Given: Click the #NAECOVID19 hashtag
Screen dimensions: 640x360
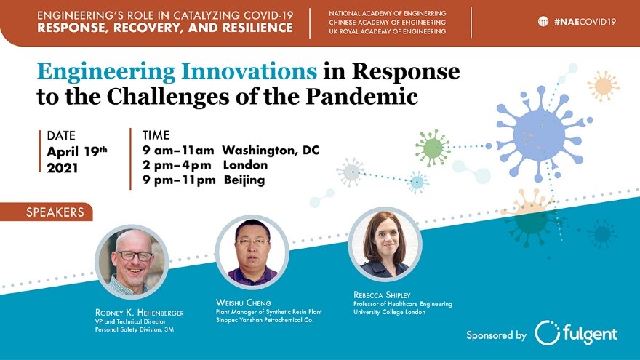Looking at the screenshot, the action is pyautogui.click(x=585, y=22).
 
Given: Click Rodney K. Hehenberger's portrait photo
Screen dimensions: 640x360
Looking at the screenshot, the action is pyautogui.click(x=132, y=262).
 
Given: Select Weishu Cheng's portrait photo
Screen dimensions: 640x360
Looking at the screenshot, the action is pyautogui.click(x=252, y=252).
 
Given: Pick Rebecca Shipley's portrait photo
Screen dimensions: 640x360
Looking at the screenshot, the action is pyautogui.click(x=385, y=244).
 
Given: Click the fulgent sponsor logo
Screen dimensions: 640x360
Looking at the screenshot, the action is pyautogui.click(x=576, y=333).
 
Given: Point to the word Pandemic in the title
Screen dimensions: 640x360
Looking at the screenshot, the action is pyautogui.click(x=362, y=96).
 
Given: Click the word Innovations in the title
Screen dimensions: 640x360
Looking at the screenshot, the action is pyautogui.click(x=249, y=71).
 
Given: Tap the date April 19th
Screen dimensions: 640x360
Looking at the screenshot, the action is pyautogui.click(x=77, y=151).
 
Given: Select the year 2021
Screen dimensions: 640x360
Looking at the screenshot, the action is pyautogui.click(x=62, y=168).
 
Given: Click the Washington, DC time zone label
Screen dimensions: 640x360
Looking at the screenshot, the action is pyautogui.click(x=271, y=151).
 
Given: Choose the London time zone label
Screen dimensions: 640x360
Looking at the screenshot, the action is pyautogui.click(x=245, y=165).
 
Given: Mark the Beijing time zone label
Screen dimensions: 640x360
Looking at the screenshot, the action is pyautogui.click(x=244, y=180).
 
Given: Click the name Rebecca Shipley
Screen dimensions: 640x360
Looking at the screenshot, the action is pyautogui.click(x=382, y=295).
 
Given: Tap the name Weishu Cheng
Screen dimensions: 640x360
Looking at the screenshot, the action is pyautogui.click(x=243, y=303).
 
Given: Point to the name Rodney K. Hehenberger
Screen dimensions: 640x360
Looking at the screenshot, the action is pyautogui.click(x=139, y=313).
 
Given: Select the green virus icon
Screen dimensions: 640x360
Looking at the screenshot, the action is pyautogui.click(x=433, y=148).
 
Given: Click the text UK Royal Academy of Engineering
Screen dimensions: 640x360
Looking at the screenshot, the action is pyautogui.click(x=388, y=31).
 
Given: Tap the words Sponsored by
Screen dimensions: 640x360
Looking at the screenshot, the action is pyautogui.click(x=496, y=335).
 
